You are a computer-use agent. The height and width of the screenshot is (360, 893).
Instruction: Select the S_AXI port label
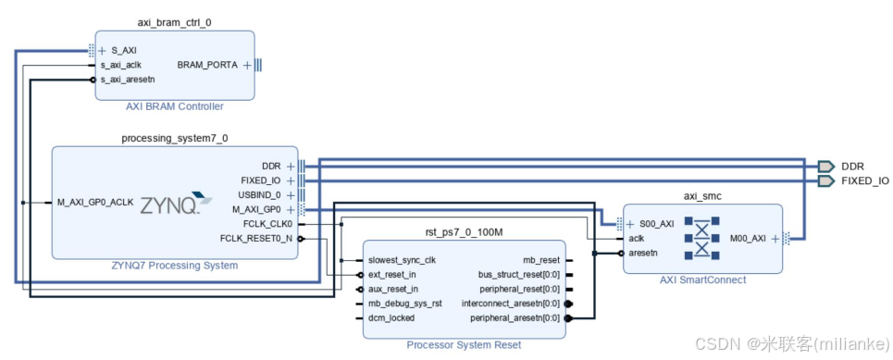(124, 51)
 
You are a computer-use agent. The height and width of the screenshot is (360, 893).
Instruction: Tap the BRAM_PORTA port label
(206, 65)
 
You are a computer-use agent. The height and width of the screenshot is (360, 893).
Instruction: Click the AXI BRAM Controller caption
(174, 106)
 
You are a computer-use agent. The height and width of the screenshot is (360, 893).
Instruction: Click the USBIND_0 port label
(259, 195)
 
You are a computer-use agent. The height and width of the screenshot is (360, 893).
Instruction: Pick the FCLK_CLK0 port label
(262, 223)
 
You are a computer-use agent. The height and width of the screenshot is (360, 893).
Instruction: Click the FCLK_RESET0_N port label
(256, 238)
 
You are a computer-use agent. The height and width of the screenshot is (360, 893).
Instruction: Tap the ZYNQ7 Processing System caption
(175, 266)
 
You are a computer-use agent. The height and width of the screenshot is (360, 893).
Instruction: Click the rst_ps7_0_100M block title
(463, 235)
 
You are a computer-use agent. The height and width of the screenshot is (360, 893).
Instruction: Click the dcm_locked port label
(391, 317)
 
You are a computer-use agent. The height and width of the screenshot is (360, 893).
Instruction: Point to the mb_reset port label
(540, 260)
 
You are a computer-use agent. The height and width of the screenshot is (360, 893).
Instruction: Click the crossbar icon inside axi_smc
(702, 238)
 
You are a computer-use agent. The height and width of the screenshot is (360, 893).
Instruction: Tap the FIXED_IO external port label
(865, 180)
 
